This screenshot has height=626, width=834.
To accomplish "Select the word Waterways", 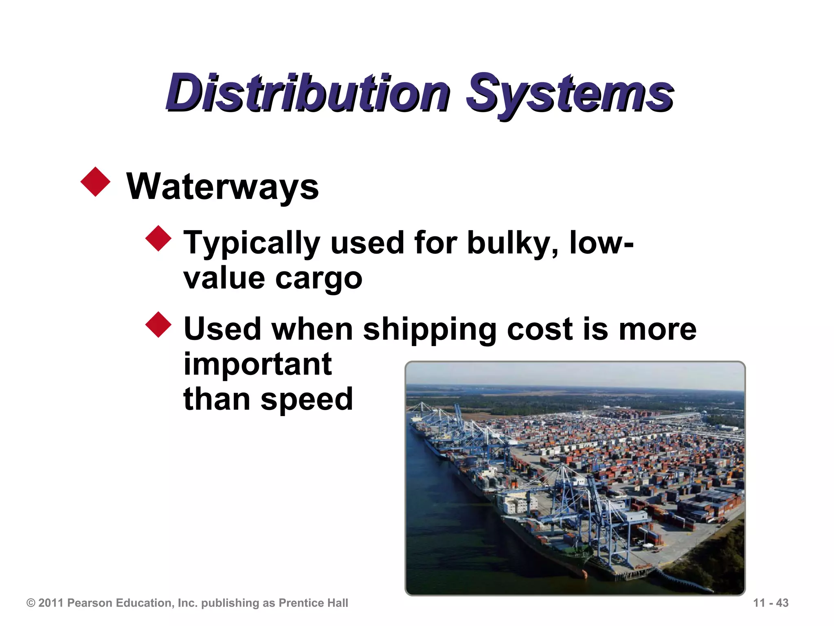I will [x=222, y=187].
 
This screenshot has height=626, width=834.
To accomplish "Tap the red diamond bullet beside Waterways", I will [x=96, y=182].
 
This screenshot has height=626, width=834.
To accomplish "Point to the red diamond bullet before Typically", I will [x=158, y=238].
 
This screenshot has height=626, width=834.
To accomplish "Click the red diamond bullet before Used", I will [x=158, y=325].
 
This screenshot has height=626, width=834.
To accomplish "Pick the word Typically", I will [x=252, y=244].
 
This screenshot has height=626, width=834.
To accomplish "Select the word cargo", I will [x=318, y=280].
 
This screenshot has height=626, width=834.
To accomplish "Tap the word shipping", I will [x=430, y=330].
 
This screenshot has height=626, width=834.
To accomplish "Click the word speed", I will [x=307, y=400].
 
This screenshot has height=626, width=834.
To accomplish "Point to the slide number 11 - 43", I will [x=770, y=603].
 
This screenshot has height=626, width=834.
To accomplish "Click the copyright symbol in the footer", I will [x=31, y=603].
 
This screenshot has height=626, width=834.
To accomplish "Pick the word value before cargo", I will [x=224, y=279].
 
